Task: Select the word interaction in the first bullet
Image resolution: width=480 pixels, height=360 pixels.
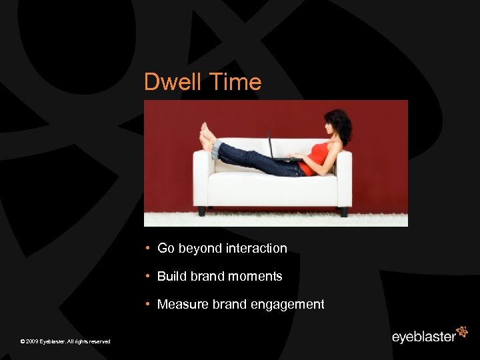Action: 256,248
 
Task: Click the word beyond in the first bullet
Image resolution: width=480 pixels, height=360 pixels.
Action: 199,249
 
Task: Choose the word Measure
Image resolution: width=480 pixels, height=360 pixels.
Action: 183,304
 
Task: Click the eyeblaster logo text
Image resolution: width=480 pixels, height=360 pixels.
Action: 423,337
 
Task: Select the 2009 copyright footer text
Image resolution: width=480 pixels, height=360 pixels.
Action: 65,341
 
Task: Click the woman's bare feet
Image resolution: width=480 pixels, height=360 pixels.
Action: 207,137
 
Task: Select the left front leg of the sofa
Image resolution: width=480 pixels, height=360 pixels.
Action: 202,211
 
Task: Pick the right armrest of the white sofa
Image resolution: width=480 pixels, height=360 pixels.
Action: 344,177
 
